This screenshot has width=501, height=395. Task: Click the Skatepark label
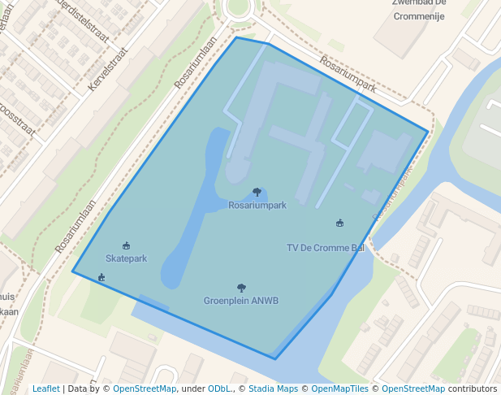click(126, 258)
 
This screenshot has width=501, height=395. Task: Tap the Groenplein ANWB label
click(241, 301)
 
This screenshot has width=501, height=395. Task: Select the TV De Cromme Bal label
click(326, 248)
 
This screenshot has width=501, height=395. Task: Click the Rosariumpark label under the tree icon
click(257, 206)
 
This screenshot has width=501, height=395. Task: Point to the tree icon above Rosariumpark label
click(257, 192)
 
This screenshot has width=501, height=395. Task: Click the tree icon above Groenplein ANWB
click(241, 288)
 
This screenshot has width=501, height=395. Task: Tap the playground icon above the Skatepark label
click(126, 245)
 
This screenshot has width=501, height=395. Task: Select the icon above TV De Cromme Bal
click(339, 223)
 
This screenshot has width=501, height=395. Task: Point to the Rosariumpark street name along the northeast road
click(348, 73)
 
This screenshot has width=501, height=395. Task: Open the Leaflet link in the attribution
click(46, 388)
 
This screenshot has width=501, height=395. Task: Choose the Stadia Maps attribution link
click(273, 388)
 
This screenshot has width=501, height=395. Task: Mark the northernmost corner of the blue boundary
click(236, 37)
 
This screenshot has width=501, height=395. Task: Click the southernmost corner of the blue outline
click(274, 358)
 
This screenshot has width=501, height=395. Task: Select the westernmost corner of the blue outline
click(72, 271)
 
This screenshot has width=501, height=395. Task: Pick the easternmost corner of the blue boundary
click(428, 131)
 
